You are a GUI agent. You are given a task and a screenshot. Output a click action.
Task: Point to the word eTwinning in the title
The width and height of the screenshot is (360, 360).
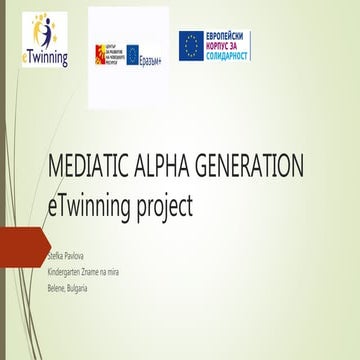tap(97, 206)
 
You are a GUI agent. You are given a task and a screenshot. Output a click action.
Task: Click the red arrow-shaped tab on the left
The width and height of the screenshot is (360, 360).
tap(24, 244)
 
